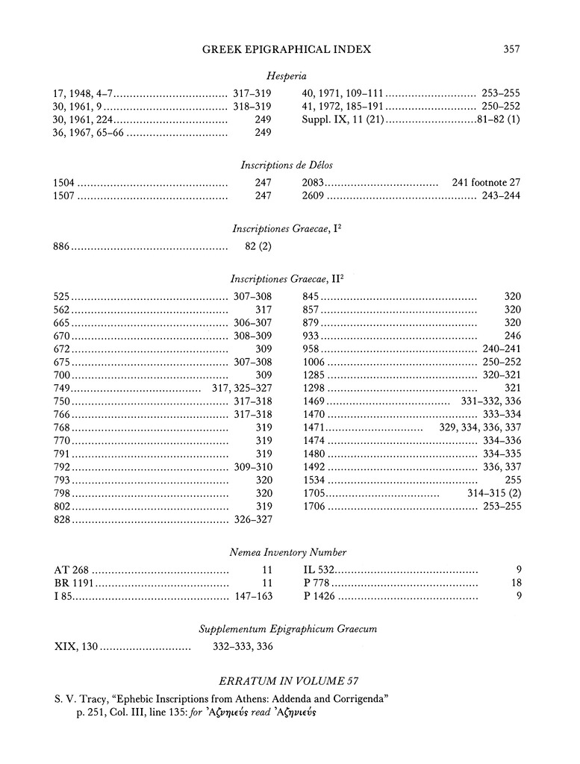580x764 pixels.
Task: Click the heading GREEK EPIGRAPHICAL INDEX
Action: coord(287,49)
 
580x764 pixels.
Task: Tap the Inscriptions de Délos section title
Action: coord(287,165)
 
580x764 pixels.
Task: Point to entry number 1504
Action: coord(66,183)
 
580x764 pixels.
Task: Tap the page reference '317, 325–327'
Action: coord(237,389)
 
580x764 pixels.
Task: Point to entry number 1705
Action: coord(315,493)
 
